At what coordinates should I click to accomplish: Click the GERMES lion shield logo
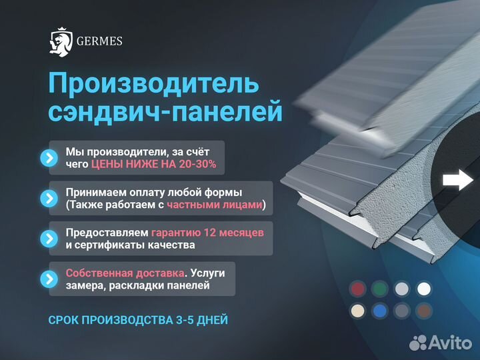[61, 41]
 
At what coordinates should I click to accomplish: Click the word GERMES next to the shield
[98, 41]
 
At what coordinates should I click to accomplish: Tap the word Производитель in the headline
[154, 85]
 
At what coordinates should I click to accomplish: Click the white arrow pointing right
[458, 179]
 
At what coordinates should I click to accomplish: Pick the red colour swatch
[359, 289]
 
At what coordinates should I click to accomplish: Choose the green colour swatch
[380, 289]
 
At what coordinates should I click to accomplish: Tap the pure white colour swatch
[423, 289]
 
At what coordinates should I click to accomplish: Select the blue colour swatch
[380, 311]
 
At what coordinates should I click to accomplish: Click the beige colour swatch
[359, 311]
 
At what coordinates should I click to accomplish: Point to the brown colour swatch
[423, 311]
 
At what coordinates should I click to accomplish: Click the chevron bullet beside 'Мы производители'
[49, 158]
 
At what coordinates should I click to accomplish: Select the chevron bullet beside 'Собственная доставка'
[49, 279]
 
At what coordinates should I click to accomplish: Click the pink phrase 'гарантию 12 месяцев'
[207, 232]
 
